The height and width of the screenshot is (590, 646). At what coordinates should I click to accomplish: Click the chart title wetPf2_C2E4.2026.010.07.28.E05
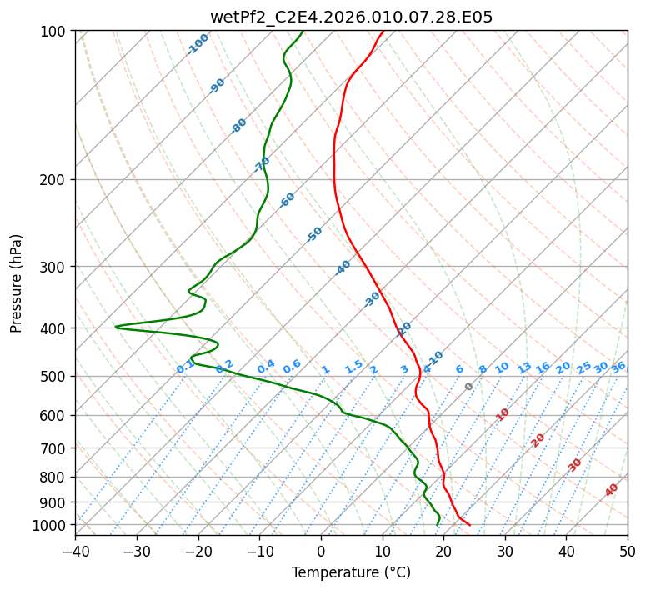[x=352, y=17]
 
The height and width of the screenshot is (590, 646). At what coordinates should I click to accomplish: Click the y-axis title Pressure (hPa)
[x=15, y=283]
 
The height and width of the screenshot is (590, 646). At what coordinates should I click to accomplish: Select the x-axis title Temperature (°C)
[x=352, y=572]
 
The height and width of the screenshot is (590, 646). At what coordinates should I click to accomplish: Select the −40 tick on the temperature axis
[x=75, y=551]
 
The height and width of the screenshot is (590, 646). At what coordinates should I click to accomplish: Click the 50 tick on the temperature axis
[x=628, y=551]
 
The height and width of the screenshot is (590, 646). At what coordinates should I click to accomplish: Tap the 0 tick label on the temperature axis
[x=322, y=551]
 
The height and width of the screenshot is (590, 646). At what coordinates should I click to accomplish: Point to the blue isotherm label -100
[x=198, y=44]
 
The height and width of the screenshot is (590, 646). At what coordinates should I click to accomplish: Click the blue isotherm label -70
[x=262, y=164]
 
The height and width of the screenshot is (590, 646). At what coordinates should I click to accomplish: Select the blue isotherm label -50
[x=314, y=234]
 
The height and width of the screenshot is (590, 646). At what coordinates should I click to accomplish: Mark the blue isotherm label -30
[x=372, y=299]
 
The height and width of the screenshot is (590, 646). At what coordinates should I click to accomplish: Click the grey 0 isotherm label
[x=468, y=387]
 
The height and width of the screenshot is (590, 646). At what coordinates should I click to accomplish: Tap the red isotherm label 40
[x=611, y=490]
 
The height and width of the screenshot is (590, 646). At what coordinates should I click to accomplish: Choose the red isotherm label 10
[x=503, y=414]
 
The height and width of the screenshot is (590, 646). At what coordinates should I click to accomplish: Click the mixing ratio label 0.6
[x=292, y=367]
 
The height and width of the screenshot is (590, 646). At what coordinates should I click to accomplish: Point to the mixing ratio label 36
[x=618, y=367]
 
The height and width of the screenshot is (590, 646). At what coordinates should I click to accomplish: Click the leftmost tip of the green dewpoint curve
[x=116, y=327]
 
